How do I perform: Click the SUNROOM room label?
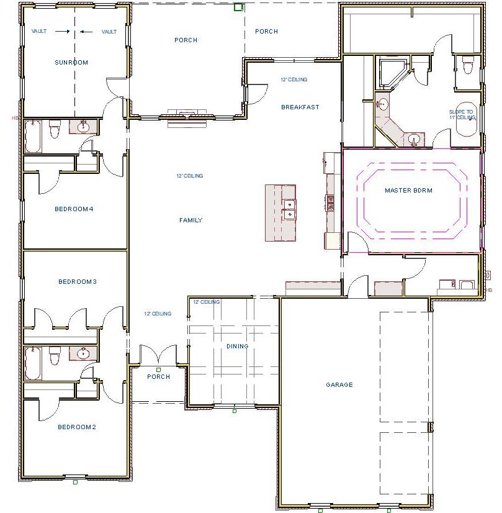pyautogui.click(x=71, y=62)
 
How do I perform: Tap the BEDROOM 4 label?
pyautogui.click(x=74, y=209)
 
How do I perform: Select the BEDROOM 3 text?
pyautogui.click(x=77, y=281)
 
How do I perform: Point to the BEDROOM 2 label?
pyautogui.click(x=77, y=427)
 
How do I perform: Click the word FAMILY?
pyautogui.click(x=190, y=220)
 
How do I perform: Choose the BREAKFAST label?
pyautogui.click(x=300, y=107)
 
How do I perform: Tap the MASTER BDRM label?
pyautogui.click(x=408, y=190)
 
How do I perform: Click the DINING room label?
pyautogui.click(x=237, y=346)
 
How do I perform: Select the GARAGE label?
pyautogui.click(x=339, y=384)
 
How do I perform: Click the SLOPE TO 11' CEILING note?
pyautogui.click(x=461, y=114)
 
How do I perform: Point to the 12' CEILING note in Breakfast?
pyautogui.click(x=294, y=79)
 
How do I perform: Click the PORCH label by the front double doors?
pyautogui.click(x=158, y=377)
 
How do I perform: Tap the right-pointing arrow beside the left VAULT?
pyautogui.click(x=61, y=31)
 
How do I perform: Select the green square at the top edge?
pyautogui.click(x=238, y=7)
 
